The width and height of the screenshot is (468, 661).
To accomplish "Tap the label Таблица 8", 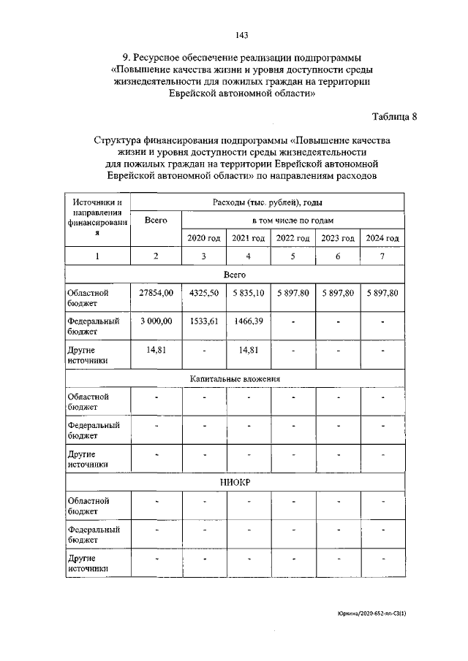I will pyautogui.click(x=394, y=117).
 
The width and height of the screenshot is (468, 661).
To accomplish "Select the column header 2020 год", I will pyautogui.click(x=203, y=238).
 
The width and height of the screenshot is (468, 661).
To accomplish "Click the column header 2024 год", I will pyautogui.click(x=382, y=238).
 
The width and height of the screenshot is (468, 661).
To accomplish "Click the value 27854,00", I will pyautogui.click(x=156, y=293).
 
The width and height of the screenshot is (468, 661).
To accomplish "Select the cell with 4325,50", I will pyautogui.click(x=203, y=293).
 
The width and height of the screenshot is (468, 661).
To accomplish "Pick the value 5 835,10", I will pyautogui.click(x=249, y=293).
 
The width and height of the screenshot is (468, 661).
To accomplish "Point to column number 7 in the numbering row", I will pyautogui.click(x=382, y=256).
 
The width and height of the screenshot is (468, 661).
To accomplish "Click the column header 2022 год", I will pyautogui.click(x=293, y=238).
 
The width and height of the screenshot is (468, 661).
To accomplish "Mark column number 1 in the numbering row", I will pyautogui.click(x=98, y=256).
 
